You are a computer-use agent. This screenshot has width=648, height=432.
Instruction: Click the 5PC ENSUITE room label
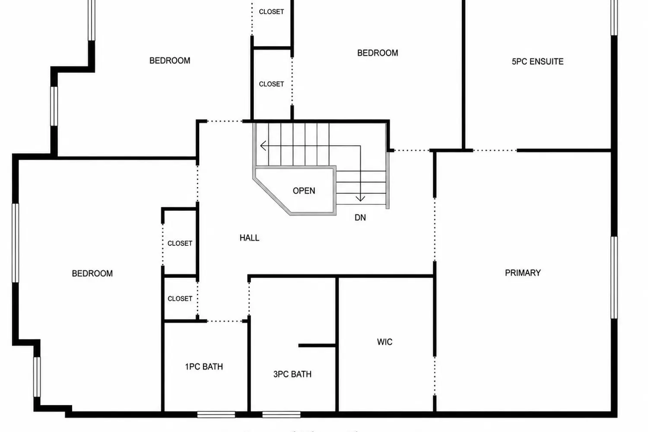[537, 62]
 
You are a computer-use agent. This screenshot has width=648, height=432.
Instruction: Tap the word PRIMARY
[523, 273]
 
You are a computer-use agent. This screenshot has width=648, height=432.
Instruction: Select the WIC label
[384, 342]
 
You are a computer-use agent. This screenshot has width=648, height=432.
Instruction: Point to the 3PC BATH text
[292, 374]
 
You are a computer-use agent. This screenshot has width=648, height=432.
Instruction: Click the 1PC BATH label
[204, 367]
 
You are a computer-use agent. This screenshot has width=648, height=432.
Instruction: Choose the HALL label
[249, 238]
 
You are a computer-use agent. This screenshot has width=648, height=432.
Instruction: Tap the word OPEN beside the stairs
[304, 191]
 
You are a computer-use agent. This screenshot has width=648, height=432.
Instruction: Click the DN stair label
[360, 218]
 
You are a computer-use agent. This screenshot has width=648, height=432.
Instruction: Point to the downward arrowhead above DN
[360, 198]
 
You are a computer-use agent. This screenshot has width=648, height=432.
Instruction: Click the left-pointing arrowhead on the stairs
[263, 146]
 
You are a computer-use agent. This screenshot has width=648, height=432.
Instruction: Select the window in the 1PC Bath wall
[216, 415]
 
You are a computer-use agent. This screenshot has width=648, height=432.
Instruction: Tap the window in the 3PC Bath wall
[281, 415]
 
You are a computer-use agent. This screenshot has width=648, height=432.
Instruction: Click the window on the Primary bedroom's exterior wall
[614, 277]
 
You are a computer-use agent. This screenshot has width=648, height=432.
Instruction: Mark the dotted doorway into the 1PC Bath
[225, 321]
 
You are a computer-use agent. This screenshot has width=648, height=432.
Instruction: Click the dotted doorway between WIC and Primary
[435, 375]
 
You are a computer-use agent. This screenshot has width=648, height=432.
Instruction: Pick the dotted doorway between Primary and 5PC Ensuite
[495, 150]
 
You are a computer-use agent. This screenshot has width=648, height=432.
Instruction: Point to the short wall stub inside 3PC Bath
[317, 346]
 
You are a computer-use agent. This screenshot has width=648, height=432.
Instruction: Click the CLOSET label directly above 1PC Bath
[180, 299]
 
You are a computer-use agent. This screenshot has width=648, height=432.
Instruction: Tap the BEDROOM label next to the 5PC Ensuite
[378, 53]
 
